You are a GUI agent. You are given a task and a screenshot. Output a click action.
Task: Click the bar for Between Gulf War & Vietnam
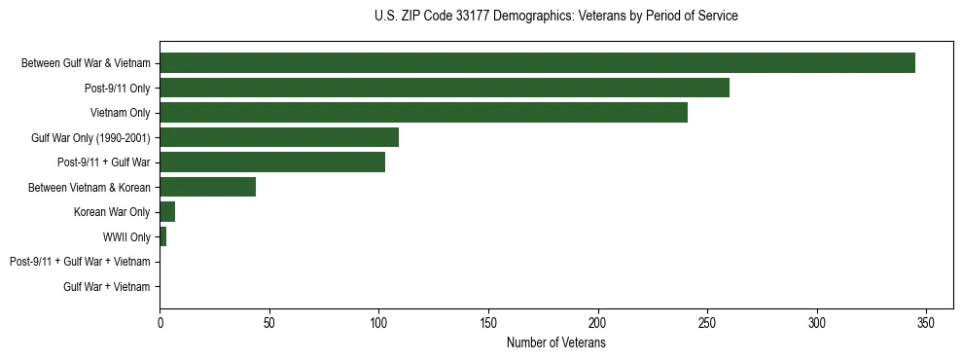pos(537,63)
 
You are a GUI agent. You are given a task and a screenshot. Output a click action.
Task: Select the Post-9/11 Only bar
pos(445,89)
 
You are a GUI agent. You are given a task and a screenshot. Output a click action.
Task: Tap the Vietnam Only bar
pos(423,113)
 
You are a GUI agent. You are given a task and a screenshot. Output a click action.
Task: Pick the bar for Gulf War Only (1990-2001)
pos(279,137)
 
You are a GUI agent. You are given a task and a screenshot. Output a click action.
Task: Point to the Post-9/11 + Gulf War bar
pos(272,162)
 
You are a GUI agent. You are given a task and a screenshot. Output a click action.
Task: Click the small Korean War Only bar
pos(167,212)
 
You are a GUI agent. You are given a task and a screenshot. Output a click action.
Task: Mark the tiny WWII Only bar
pos(163,236)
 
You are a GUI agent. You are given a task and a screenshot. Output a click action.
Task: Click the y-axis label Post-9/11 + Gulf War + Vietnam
pos(80,262)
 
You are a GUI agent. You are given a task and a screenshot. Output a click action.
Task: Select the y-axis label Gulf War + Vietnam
pos(107,287)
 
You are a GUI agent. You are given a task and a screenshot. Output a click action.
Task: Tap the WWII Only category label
pos(126,236)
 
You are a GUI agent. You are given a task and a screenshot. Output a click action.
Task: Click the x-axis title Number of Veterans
pos(555,343)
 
